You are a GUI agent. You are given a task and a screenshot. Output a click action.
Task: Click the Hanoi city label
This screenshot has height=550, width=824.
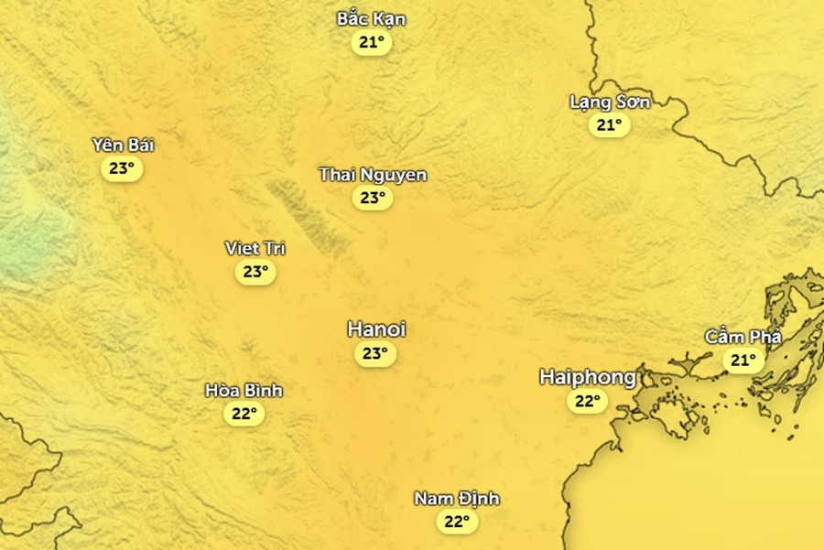point(376,329)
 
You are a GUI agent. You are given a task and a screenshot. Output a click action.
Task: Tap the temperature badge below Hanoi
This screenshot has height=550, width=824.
point(374,354)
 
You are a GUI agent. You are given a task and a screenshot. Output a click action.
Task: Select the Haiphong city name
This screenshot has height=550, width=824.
point(587,377)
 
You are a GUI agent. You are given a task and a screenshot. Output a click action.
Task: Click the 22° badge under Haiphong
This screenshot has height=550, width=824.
point(587,402)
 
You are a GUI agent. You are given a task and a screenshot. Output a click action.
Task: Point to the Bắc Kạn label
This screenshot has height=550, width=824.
point(371,19)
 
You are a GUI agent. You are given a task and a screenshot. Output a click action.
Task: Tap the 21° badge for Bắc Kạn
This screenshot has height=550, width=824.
point(371,43)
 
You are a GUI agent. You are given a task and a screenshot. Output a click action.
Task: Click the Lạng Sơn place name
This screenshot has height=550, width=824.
point(610,102)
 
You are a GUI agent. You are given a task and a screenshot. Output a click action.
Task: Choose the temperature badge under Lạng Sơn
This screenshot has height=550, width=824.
point(609,125)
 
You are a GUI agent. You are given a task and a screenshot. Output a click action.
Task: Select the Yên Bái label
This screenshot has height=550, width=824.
point(123,145)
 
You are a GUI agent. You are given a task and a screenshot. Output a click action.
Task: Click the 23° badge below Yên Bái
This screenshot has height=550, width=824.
point(122,168)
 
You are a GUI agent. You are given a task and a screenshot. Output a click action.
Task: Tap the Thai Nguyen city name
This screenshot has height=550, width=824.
point(373,174)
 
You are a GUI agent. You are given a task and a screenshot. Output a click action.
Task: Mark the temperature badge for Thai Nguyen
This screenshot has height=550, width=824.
point(373,198)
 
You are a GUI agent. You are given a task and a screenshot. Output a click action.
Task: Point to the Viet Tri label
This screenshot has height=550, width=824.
point(255,248)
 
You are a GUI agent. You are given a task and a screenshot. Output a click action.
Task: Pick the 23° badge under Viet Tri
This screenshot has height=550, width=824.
point(255,272)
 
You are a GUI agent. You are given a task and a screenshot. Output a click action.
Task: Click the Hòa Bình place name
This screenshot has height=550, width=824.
point(244,391)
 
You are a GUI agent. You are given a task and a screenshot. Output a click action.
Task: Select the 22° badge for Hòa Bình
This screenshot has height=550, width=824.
point(244,415)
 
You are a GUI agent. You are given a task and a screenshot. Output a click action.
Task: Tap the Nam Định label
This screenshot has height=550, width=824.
point(456,499)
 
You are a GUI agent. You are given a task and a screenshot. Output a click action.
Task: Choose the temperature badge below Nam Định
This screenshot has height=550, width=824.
point(456,523)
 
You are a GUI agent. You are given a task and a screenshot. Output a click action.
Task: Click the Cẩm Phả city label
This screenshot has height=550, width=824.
point(743,337)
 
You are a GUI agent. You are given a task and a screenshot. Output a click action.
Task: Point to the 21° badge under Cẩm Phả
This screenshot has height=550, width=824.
point(743,361)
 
